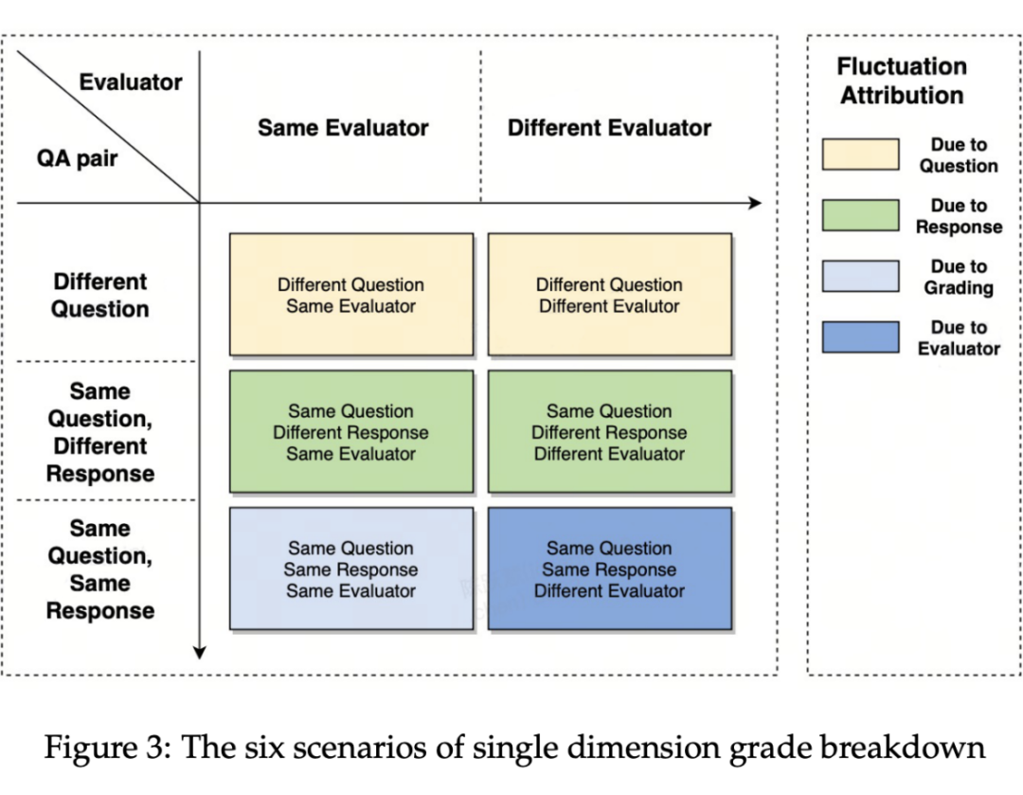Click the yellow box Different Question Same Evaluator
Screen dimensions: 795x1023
pyautogui.click(x=350, y=295)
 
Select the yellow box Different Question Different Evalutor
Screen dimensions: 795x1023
pyautogui.click(x=609, y=295)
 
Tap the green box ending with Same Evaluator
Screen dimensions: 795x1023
pyautogui.click(x=350, y=432)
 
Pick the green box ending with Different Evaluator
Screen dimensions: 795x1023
pyautogui.click(x=609, y=432)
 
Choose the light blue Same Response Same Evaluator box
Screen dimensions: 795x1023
pyautogui.click(x=350, y=569)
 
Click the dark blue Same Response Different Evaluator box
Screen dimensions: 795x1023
pyautogui.click(x=609, y=569)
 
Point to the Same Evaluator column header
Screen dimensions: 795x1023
pyautogui.click(x=343, y=128)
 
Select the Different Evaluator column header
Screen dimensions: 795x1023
pyautogui.click(x=609, y=128)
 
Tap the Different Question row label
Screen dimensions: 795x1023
pyautogui.click(x=100, y=296)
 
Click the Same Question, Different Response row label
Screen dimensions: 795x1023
pyautogui.click(x=100, y=432)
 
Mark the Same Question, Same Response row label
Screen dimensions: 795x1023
pyautogui.click(x=100, y=569)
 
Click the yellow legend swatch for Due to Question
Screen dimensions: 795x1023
pyautogui.click(x=860, y=154)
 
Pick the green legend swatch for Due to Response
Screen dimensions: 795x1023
pyautogui.click(x=860, y=215)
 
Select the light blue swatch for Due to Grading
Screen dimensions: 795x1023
pyautogui.click(x=860, y=276)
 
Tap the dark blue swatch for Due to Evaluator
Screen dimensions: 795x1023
pyautogui.click(x=860, y=336)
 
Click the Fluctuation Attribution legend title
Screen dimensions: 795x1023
pyautogui.click(x=902, y=81)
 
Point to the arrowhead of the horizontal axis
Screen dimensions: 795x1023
pyautogui.click(x=755, y=202)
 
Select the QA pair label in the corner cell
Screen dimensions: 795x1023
pyautogui.click(x=78, y=158)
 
